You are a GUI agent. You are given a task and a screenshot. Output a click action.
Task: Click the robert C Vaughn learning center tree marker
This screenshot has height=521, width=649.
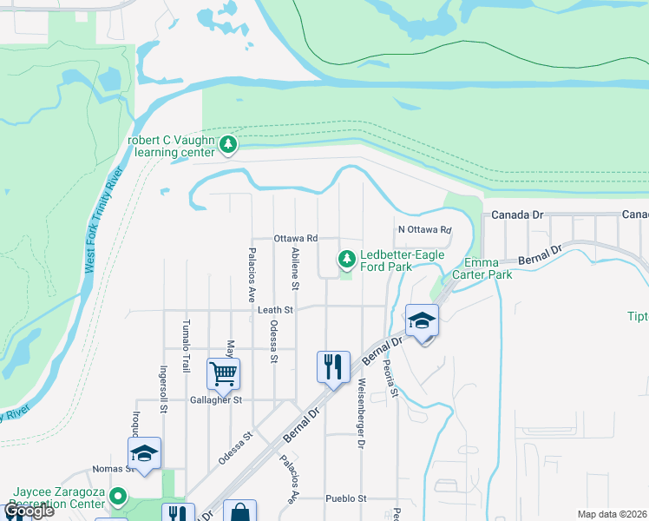coord(228,144)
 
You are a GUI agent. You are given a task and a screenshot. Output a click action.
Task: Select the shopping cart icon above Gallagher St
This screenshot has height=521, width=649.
coord(224,374)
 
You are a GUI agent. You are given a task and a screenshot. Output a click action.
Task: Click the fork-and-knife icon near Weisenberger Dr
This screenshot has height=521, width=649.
coord(334,367)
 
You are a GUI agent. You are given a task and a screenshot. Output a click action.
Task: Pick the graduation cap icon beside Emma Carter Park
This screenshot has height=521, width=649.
coord(422,321)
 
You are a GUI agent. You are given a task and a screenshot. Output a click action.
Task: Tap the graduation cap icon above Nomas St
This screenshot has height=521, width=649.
coord(145,453)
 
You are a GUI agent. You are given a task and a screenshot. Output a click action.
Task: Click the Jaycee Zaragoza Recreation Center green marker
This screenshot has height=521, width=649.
coord(120,498)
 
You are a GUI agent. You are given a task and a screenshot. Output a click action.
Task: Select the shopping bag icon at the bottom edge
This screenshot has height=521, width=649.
coord(239,513)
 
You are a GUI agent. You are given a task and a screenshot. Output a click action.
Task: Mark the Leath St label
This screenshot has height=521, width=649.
coord(277,309)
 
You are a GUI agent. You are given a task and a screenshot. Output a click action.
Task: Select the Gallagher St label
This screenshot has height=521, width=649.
coord(216,400)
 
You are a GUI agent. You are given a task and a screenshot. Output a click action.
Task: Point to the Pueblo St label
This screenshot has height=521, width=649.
coord(347,498)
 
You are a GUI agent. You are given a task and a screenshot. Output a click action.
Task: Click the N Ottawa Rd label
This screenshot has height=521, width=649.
coord(425,230)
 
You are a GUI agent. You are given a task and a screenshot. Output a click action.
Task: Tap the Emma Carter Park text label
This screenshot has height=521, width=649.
coord(488,268)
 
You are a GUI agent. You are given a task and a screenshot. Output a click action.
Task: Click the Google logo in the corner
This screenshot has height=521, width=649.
coord(29,511)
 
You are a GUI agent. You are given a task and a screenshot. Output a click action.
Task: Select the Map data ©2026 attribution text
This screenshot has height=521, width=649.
coord(612,514)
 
